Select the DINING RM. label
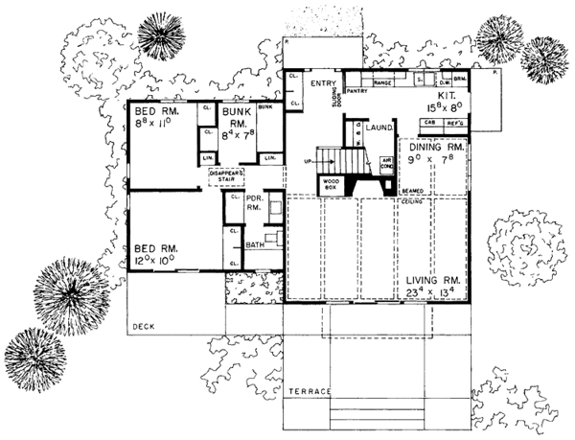[x=437, y=149]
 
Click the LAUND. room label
[x=380, y=126]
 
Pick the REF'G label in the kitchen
[x=454, y=124]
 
